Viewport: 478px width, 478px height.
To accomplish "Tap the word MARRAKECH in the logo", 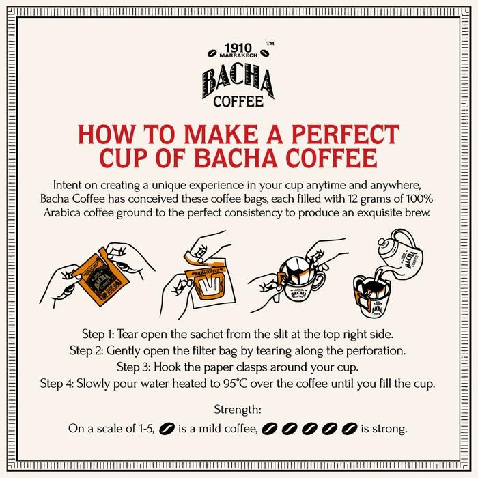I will point(239,60).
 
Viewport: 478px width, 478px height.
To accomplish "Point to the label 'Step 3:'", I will point(137,367).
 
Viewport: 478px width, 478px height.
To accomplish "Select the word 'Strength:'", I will point(239,411).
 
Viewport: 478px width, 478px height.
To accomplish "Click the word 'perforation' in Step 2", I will point(376,351).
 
